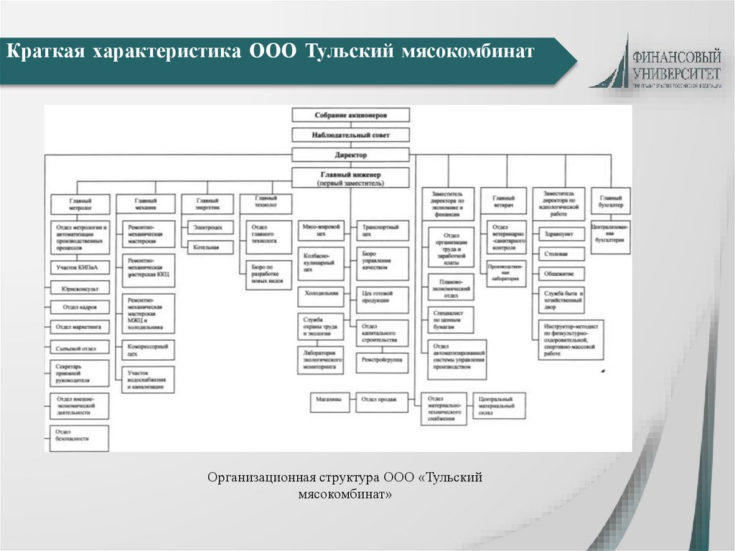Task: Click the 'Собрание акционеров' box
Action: [350, 115]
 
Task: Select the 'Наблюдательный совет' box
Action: [350, 134]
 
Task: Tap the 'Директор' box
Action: [350, 154]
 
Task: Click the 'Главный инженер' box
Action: [350, 178]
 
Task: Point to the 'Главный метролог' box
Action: [80, 203]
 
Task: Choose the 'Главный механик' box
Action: [146, 203]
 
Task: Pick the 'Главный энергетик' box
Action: [208, 203]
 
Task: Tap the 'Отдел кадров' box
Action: [80, 307]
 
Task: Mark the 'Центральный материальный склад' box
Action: [499, 405]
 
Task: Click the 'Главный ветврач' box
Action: [504, 202]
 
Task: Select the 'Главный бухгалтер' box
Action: [612, 202]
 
